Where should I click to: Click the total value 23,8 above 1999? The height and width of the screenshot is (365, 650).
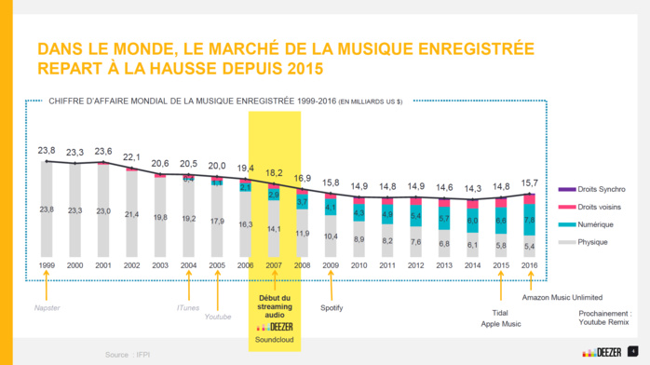(x=46, y=150)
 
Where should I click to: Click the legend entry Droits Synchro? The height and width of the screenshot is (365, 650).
(x=600, y=189)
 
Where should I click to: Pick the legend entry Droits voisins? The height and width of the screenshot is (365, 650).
(x=598, y=207)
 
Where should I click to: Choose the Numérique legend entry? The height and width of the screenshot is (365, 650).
(x=594, y=224)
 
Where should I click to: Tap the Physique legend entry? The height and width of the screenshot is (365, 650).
(x=592, y=242)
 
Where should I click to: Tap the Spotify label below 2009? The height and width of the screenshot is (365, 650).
(x=332, y=307)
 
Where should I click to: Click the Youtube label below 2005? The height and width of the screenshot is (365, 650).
(x=217, y=317)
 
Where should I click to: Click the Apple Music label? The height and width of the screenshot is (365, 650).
(x=500, y=324)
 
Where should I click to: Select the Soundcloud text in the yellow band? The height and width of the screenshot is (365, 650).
(x=274, y=340)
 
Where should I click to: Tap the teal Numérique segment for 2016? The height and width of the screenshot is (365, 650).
(x=530, y=221)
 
